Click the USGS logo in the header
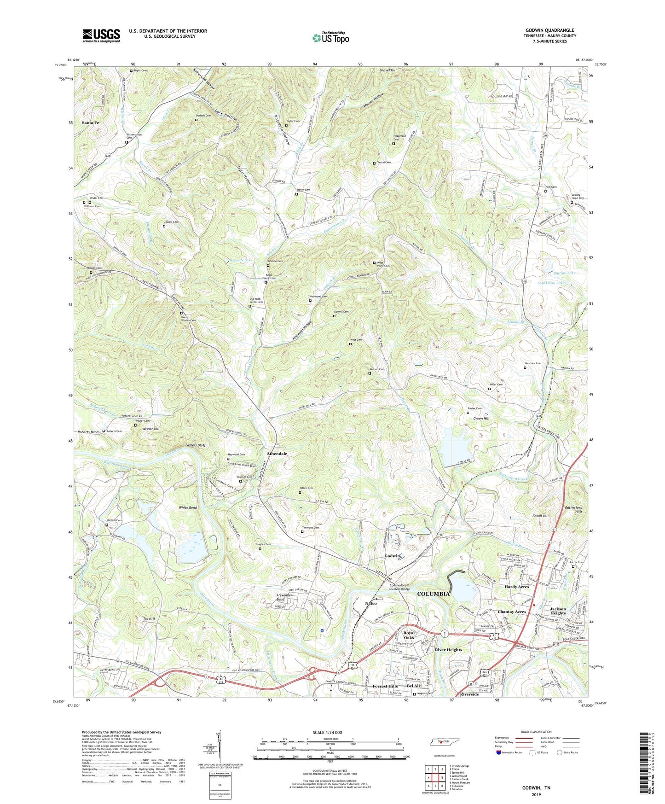point(101,35)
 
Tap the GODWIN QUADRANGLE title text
point(549,30)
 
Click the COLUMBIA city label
point(433,594)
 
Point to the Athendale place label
point(277,454)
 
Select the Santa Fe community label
point(90,123)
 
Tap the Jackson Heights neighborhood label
point(558,611)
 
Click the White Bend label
point(188,507)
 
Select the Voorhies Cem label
point(533,363)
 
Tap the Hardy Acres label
point(516,587)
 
